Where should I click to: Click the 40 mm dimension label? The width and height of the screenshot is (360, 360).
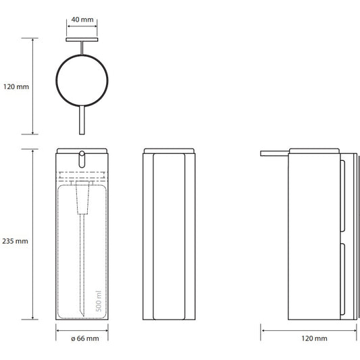click(82, 20)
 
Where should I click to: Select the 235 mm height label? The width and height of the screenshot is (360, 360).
click(15, 241)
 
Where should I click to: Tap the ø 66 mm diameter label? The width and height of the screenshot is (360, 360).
click(85, 338)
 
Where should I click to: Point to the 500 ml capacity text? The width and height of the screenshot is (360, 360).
click(99, 301)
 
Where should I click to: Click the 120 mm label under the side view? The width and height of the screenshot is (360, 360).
click(314, 338)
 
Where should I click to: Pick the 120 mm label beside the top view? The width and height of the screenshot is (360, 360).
click(16, 86)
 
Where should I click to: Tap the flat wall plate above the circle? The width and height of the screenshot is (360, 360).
click(82, 40)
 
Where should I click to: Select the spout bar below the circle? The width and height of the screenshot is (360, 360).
click(82, 120)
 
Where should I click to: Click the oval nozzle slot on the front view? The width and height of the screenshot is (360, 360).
click(82, 159)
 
